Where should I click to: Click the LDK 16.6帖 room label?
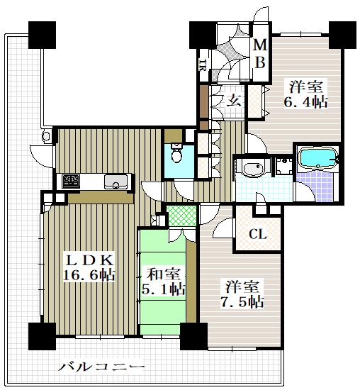[x=89, y=268]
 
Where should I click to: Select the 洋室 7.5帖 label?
[x=242, y=294]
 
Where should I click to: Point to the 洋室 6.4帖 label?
[x=305, y=94]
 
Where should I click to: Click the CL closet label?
[x=258, y=234]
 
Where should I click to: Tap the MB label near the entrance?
[x=260, y=53]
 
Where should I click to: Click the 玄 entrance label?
[x=234, y=101]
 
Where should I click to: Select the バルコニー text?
[x=101, y=367]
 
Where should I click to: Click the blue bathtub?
[x=318, y=157]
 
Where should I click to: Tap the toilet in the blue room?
[x=176, y=152]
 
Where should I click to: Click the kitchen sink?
[x=116, y=181]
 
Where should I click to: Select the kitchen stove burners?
[x=71, y=181]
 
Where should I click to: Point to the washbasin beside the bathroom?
[x=253, y=168]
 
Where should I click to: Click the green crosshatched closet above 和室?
[x=182, y=216]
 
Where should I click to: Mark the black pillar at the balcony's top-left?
[x=42, y=35]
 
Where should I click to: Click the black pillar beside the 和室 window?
[x=193, y=336]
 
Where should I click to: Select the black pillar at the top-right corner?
[x=342, y=35]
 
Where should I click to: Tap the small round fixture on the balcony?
[x=47, y=136]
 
